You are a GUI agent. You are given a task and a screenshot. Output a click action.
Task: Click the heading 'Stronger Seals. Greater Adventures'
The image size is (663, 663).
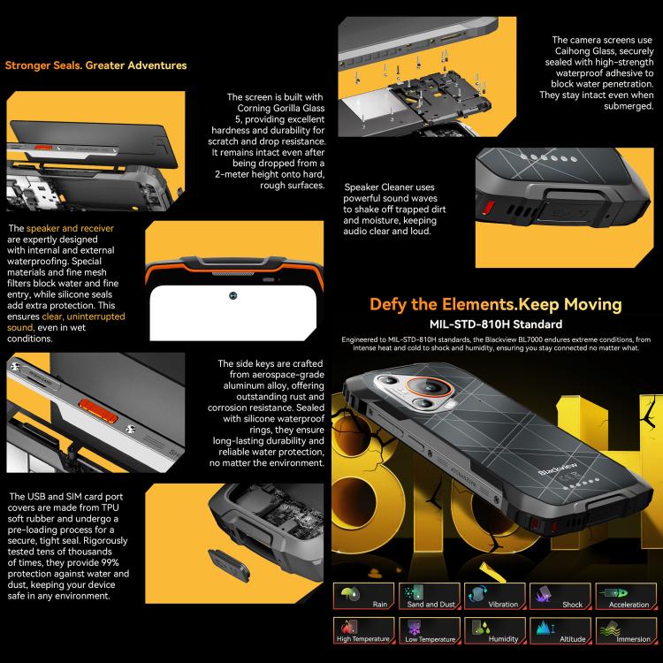(x=96, y=65)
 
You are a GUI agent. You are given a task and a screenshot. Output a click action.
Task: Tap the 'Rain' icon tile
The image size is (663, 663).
(x=363, y=596)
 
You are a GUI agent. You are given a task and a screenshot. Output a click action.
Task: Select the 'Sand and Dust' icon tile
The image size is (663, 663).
(x=430, y=596)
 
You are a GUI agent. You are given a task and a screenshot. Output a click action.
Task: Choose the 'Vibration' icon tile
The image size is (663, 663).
(x=495, y=596)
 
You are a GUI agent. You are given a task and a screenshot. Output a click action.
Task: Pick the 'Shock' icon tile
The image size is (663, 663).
(x=560, y=596)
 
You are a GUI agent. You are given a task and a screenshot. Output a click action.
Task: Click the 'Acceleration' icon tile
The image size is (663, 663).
(x=626, y=596)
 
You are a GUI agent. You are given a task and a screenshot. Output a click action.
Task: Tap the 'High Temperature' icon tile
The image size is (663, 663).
(x=363, y=630)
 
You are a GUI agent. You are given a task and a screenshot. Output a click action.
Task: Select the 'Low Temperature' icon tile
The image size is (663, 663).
(x=430, y=630)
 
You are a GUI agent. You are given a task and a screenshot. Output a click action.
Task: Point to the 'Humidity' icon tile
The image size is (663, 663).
(x=495, y=630)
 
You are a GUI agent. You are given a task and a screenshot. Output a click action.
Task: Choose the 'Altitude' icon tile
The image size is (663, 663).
(x=560, y=630)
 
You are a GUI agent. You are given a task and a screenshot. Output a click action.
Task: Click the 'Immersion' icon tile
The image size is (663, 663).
(x=626, y=630)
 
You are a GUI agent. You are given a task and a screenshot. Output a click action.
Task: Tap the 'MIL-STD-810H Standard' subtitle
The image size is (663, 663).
(x=496, y=324)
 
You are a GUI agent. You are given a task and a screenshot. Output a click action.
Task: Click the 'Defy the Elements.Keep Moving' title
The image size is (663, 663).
(x=496, y=304)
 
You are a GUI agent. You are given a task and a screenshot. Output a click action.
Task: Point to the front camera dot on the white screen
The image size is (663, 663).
(x=233, y=295)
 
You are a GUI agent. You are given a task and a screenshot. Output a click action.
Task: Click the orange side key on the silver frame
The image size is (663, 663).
(x=98, y=411)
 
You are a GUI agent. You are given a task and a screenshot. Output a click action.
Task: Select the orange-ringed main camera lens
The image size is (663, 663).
(x=430, y=387)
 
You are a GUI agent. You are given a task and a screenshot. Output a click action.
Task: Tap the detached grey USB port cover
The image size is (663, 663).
(x=229, y=565)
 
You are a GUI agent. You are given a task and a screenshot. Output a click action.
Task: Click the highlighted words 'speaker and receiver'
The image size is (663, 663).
(x=70, y=228)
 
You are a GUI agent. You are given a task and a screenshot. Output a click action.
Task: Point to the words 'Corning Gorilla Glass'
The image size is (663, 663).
(x=281, y=108)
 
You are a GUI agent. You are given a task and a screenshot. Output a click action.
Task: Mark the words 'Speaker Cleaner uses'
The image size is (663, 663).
(x=389, y=187)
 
